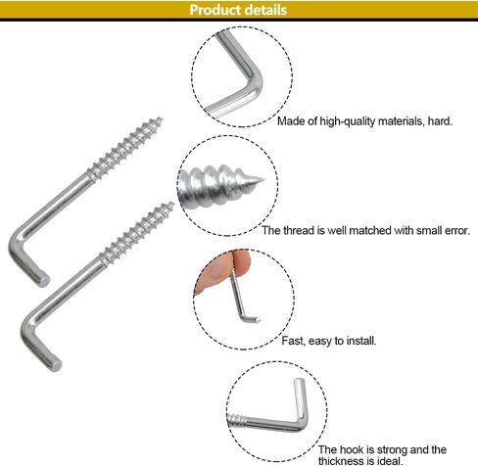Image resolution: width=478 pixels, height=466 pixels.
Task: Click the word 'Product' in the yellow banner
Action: point(215,10)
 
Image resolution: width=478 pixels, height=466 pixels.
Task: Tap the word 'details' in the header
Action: point(265,10)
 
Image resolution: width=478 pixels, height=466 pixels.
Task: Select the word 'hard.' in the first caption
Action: point(440,121)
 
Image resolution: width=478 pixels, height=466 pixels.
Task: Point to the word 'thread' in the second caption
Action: point(299,230)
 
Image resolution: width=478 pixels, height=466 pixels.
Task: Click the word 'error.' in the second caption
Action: point(457,231)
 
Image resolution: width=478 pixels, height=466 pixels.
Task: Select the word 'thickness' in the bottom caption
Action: point(341,461)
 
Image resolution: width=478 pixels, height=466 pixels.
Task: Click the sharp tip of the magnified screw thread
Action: point(263,179)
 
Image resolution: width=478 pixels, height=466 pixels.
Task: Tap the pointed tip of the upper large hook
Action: point(160,119)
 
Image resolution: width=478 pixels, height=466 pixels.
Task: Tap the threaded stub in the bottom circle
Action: point(236,420)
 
